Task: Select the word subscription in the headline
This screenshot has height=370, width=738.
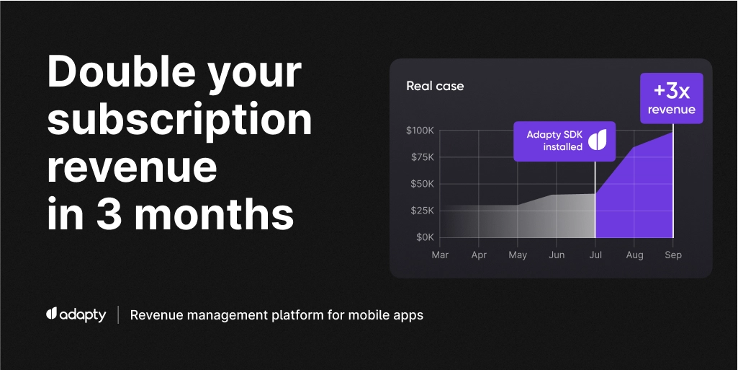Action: coord(180,120)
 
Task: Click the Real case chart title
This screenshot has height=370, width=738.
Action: coord(435,87)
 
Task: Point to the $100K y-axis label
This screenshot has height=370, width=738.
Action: coord(420,131)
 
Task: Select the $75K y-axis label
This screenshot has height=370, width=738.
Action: coord(421,157)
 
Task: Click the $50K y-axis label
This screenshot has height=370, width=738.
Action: coord(421,184)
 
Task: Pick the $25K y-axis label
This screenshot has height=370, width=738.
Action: coord(421,211)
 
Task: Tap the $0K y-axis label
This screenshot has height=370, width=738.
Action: coord(424,237)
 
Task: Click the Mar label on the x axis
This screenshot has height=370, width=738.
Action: coord(440,255)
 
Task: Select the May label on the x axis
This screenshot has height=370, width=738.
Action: coord(518,255)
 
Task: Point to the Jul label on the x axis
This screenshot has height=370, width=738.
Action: coord(595,255)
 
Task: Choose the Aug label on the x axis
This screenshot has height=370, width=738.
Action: coord(634,255)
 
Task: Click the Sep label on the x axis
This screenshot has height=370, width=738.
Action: coord(673,255)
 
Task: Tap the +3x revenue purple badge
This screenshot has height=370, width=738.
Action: coord(671,98)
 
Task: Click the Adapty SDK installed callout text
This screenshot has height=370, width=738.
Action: coord(554,141)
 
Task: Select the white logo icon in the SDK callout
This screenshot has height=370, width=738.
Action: coord(598,140)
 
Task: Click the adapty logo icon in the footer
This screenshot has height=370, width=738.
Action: coord(51,314)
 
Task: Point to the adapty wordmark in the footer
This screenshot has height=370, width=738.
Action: coord(83,315)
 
